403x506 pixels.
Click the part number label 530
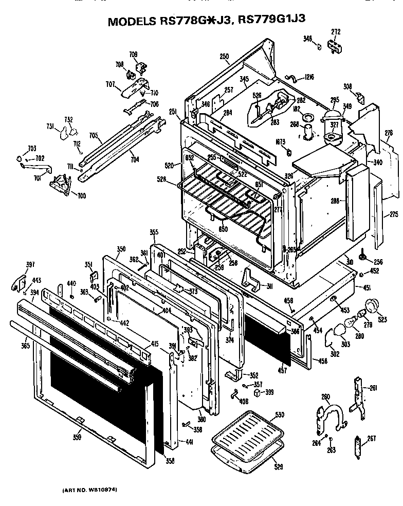[x=279, y=414]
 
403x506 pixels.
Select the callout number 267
[x=371, y=439]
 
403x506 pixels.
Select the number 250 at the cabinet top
[x=224, y=56]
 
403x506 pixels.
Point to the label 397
[x=30, y=265]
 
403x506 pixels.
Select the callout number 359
[x=77, y=438]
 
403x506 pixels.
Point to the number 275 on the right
[x=394, y=214]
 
